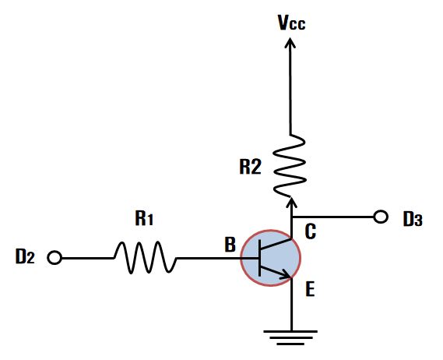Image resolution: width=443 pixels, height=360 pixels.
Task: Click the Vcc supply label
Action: (x=291, y=23)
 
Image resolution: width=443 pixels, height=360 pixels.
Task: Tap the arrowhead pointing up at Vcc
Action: (x=290, y=43)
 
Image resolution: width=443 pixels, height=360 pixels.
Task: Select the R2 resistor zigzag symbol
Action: (x=290, y=166)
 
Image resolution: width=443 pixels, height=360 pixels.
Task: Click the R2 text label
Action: (x=251, y=167)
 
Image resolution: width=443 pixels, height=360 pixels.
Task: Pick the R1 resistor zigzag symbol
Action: (x=146, y=257)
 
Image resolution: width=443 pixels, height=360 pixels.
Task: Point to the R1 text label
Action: (x=144, y=219)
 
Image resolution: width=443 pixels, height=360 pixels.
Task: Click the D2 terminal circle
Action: (x=54, y=258)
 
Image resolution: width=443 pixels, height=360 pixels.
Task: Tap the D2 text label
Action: (x=25, y=257)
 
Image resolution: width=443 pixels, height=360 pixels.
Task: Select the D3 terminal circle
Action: (x=381, y=217)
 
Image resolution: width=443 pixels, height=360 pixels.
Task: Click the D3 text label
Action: (x=413, y=219)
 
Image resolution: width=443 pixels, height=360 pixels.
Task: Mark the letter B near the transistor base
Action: (x=230, y=245)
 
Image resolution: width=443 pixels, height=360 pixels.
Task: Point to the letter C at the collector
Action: (x=310, y=231)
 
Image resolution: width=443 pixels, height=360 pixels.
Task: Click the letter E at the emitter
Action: (x=310, y=289)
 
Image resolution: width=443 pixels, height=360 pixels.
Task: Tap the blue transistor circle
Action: (x=270, y=258)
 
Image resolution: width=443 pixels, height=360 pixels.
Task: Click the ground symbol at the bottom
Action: (x=290, y=337)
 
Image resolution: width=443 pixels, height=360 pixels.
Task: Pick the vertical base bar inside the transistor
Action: (x=259, y=258)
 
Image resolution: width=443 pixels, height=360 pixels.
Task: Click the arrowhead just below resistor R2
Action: (x=292, y=203)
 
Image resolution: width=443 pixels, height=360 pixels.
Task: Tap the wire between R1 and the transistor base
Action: (x=217, y=258)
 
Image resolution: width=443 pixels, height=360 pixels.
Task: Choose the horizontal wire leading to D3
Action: (x=333, y=217)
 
